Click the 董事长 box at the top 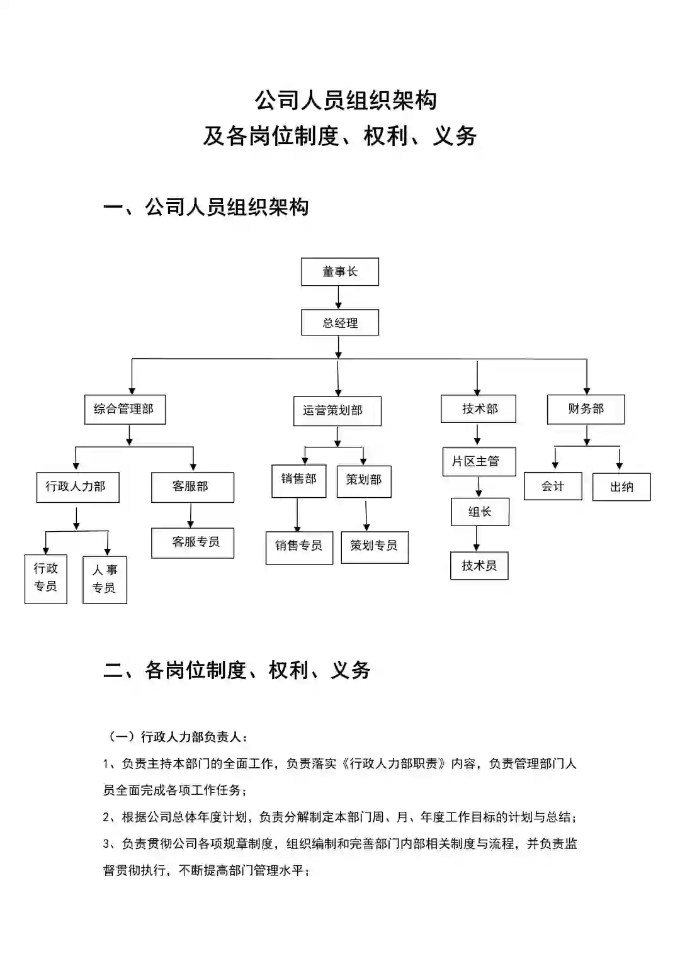click(x=340, y=272)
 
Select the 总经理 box click(x=340, y=323)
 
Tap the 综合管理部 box click(x=125, y=409)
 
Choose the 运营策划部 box click(x=337, y=411)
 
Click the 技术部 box click(x=479, y=409)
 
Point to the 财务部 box click(x=586, y=409)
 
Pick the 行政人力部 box click(x=77, y=487)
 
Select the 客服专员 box click(x=193, y=542)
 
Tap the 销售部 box click(x=298, y=481)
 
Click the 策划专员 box click(x=375, y=546)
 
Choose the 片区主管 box click(x=479, y=461)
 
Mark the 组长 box click(x=480, y=512)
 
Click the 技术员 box click(x=479, y=566)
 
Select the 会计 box click(x=553, y=486)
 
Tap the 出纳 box click(x=621, y=487)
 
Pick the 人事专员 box click(x=105, y=580)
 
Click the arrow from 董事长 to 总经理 click(x=339, y=297)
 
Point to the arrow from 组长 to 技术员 click(x=477, y=539)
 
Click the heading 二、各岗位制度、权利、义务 click(x=237, y=670)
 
